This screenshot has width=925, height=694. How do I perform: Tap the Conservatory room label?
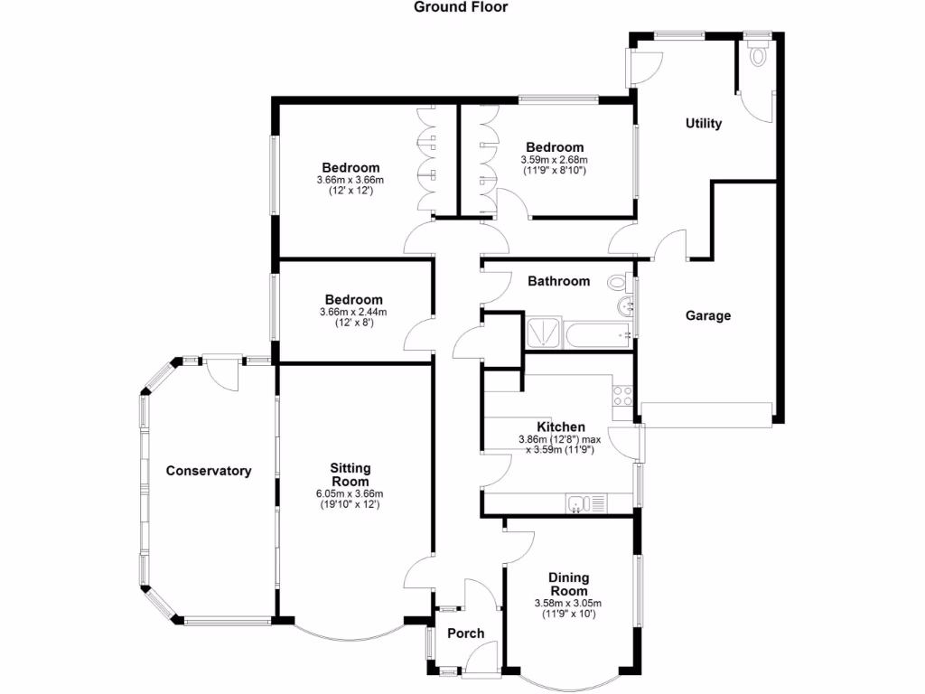pos(208,471)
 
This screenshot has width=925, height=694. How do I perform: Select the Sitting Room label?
pos(350,474)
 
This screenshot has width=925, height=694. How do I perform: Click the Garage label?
pos(708,315)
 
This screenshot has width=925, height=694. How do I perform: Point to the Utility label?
pos(704,123)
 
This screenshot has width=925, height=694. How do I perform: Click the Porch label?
pos(466,633)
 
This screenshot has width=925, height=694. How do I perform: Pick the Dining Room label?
pos(568,585)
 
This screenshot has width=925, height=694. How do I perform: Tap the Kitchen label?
pos(560,427)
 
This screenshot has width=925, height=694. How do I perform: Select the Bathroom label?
pos(558,281)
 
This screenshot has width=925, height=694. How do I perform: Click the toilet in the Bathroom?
pos(620,282)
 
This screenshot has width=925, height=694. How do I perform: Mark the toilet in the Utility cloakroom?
pos(757,53)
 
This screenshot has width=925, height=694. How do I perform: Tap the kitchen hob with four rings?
pos(622,395)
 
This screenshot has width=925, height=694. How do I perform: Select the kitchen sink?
pos(578,503)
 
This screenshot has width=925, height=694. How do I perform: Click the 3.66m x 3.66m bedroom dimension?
pos(350,180)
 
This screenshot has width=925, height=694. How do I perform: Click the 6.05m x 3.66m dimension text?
pos(350,493)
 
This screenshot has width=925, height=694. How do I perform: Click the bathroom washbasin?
pos(624,307)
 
